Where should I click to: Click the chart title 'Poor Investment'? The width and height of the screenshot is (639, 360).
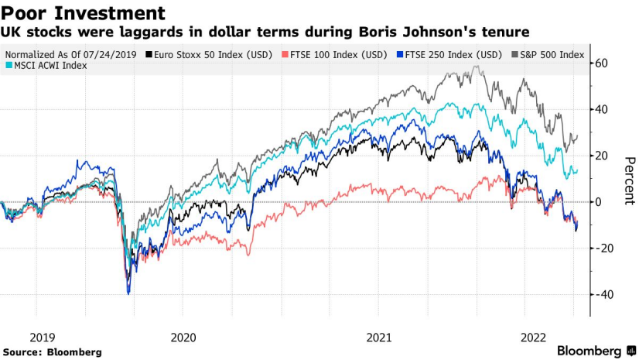84,13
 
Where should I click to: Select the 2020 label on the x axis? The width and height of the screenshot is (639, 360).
183,338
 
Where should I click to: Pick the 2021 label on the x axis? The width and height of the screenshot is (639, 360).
379,338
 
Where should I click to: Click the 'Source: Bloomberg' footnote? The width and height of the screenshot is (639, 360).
52,352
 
